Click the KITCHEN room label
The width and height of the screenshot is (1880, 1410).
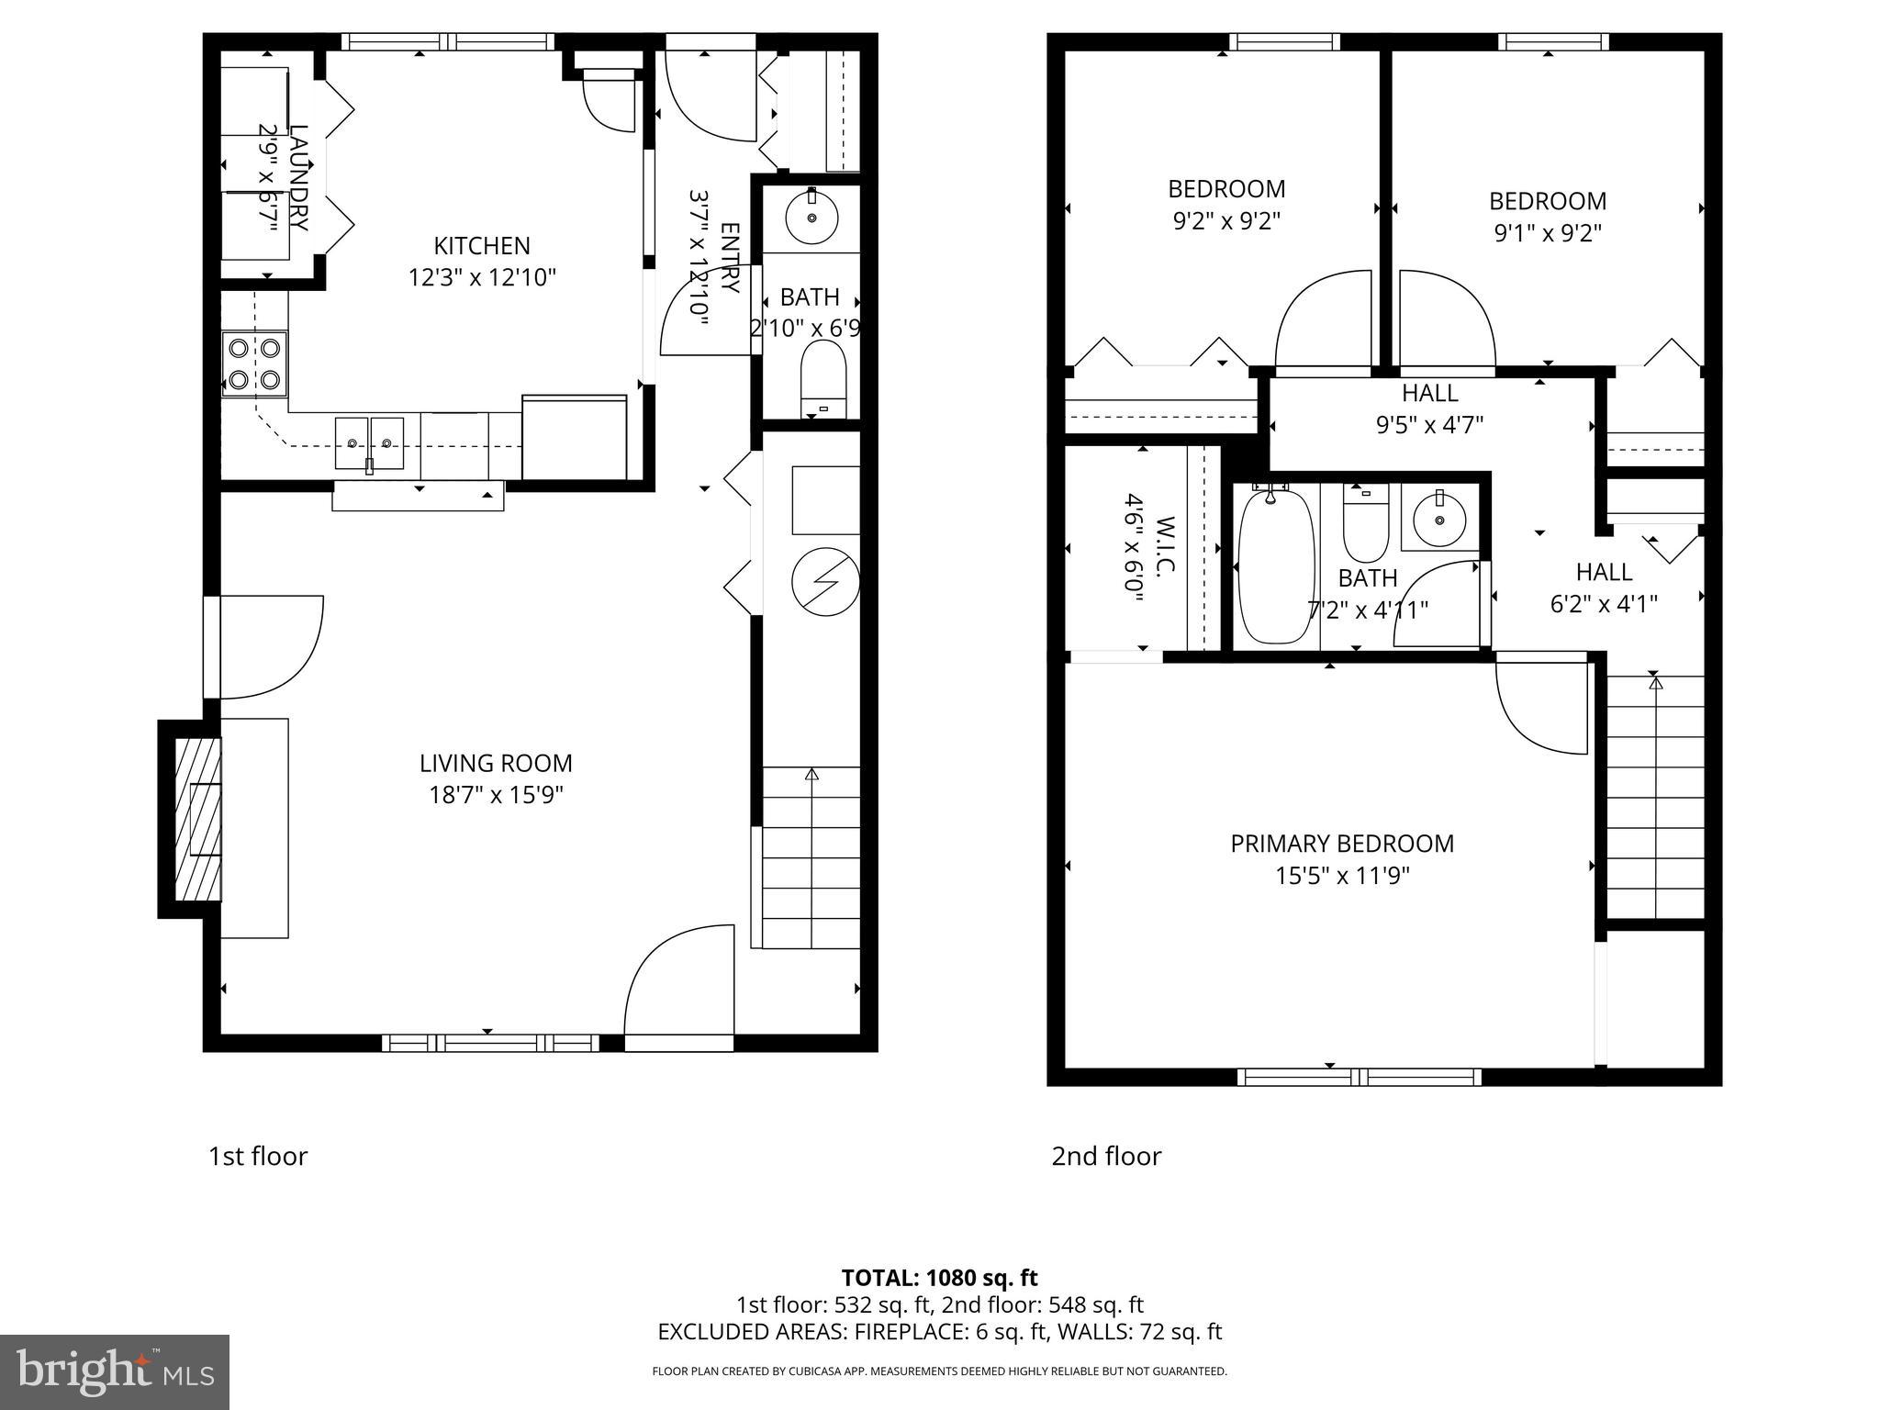(x=482, y=246)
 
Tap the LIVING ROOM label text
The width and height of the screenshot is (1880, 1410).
(x=496, y=764)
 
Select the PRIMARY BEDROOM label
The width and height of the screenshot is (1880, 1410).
(x=1342, y=844)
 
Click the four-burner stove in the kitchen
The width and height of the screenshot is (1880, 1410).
(x=254, y=364)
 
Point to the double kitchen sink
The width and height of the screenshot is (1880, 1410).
(x=369, y=442)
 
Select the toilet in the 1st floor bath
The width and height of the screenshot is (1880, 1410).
(x=822, y=379)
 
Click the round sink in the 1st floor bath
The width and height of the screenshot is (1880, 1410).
(x=811, y=218)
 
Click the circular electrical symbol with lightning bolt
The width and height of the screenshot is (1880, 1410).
(x=826, y=582)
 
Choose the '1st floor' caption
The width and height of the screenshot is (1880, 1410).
(x=258, y=1156)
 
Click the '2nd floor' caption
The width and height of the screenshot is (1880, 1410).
(x=1106, y=1156)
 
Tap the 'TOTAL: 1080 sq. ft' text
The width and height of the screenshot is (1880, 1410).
(x=939, y=1278)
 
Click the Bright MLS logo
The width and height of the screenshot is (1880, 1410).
(x=114, y=1371)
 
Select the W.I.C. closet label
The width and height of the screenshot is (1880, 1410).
(x=1164, y=547)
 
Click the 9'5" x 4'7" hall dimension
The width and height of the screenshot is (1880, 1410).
(x=1429, y=425)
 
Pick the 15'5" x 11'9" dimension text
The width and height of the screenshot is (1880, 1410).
(x=1342, y=876)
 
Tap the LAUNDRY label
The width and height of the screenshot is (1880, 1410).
(x=298, y=177)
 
